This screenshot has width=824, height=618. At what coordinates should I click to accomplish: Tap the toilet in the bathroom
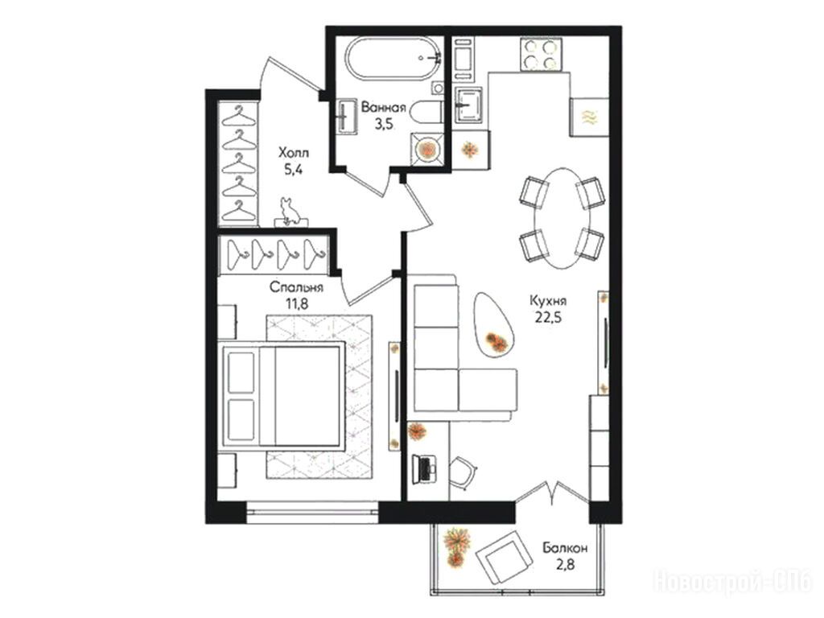426,113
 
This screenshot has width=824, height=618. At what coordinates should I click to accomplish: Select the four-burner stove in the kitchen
540,54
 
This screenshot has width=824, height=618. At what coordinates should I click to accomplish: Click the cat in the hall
289,212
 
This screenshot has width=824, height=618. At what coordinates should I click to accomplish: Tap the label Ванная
384,109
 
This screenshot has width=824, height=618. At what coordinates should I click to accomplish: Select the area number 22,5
548,318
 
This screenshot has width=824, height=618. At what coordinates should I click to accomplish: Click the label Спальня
296,288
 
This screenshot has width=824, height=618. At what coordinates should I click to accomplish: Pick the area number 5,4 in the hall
293,170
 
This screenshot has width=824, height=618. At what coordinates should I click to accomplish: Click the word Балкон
565,549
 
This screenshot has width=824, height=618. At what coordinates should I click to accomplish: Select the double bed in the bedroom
282,397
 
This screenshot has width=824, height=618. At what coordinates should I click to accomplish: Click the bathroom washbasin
347,116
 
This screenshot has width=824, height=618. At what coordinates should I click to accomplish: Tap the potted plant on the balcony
456,547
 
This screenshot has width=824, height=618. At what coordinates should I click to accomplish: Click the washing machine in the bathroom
426,149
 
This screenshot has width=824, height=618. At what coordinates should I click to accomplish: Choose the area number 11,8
296,303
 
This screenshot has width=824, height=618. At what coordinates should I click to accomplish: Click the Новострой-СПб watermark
732,582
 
